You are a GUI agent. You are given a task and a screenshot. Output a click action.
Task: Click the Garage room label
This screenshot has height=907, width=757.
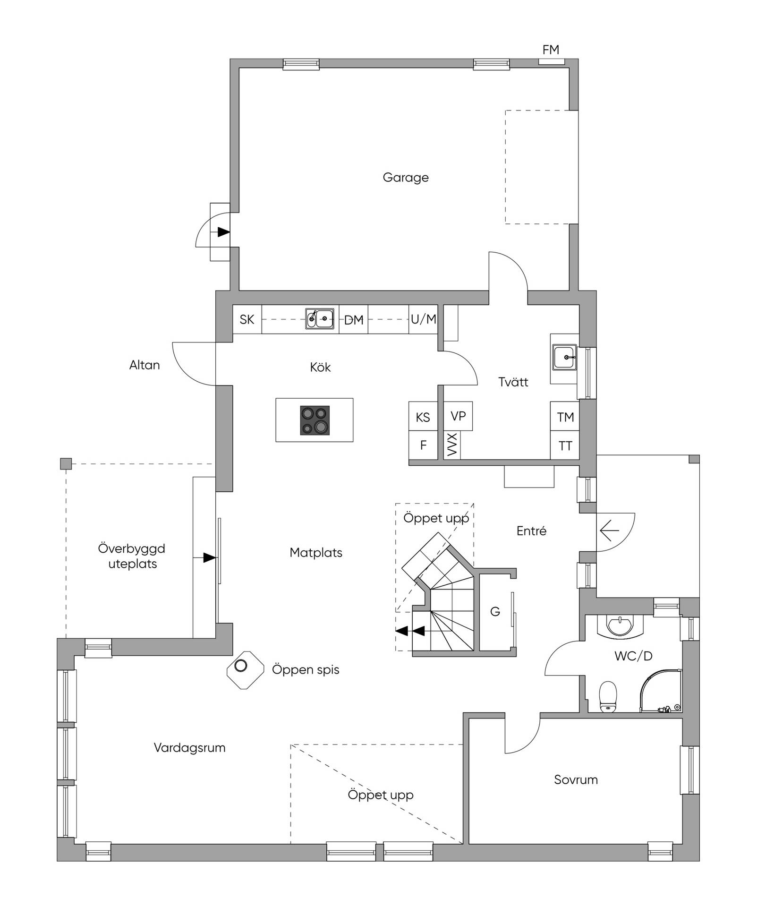tap(406, 178)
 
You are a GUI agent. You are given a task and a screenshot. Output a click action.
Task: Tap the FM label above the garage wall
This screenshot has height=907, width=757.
tap(551, 50)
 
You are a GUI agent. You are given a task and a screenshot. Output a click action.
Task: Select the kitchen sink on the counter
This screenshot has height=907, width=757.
tap(320, 318)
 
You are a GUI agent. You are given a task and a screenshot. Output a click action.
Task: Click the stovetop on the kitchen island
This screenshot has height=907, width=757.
tap(315, 420)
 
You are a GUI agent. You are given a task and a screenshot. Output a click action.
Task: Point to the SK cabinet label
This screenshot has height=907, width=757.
tap(247, 320)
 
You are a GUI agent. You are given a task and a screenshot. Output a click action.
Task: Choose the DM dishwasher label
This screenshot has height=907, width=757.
tap(354, 320)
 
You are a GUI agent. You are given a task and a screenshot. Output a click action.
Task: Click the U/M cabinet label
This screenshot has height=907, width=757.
tap(423, 319)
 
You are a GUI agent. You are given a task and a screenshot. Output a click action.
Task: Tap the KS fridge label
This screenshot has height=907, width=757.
tap(423, 417)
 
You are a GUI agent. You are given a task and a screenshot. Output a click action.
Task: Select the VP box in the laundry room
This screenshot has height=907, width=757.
tap(458, 416)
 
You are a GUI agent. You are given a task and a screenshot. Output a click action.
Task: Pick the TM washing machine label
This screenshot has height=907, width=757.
tap(565, 417)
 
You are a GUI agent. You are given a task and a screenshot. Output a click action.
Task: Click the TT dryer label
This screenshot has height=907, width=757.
tap(565, 446)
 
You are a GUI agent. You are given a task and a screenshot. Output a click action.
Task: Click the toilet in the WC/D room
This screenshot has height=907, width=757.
tap(608, 696)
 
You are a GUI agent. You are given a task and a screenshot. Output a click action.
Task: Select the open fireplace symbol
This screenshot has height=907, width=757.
tap(245, 669)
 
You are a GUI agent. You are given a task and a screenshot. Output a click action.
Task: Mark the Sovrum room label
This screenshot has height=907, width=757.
tap(576, 779)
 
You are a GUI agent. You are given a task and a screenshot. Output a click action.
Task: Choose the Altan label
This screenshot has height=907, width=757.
tap(145, 365)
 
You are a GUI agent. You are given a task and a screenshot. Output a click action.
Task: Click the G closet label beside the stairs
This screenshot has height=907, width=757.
tap(495, 612)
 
